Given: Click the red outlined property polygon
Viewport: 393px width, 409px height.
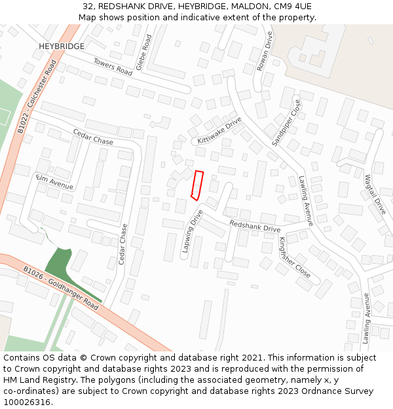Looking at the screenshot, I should (x=197, y=184).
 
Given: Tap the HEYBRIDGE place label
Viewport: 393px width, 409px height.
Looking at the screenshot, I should (x=62, y=46).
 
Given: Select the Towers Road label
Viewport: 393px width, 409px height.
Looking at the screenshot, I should (x=113, y=66).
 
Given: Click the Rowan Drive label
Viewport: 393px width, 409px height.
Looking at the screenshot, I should (x=265, y=51).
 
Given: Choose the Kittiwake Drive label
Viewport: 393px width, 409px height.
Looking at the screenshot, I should (x=219, y=131).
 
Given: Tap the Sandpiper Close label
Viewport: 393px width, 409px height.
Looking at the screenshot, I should (x=288, y=123).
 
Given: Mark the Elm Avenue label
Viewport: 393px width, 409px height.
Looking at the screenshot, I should (x=55, y=182).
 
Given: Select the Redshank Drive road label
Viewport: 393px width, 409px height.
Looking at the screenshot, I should (x=254, y=226).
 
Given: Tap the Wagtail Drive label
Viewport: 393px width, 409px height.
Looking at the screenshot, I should (x=377, y=194).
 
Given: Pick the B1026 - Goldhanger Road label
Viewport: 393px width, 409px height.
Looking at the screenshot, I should (x=60, y=288).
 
